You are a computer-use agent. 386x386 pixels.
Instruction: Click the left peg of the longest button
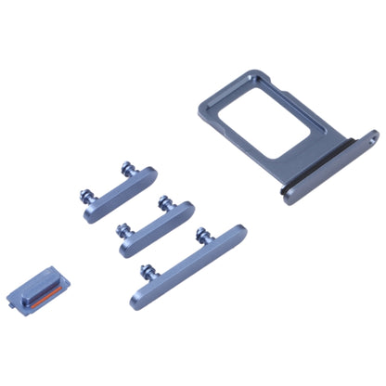click(146, 270)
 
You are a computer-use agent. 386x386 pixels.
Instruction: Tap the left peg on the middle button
click(122, 228)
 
